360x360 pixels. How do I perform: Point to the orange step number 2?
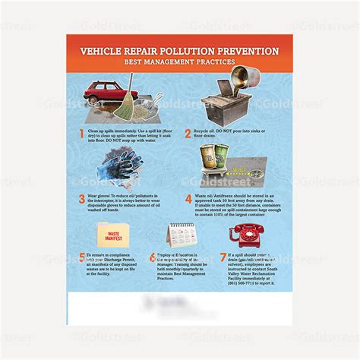click(x=188, y=133)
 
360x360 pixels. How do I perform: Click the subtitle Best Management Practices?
click(x=180, y=64)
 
